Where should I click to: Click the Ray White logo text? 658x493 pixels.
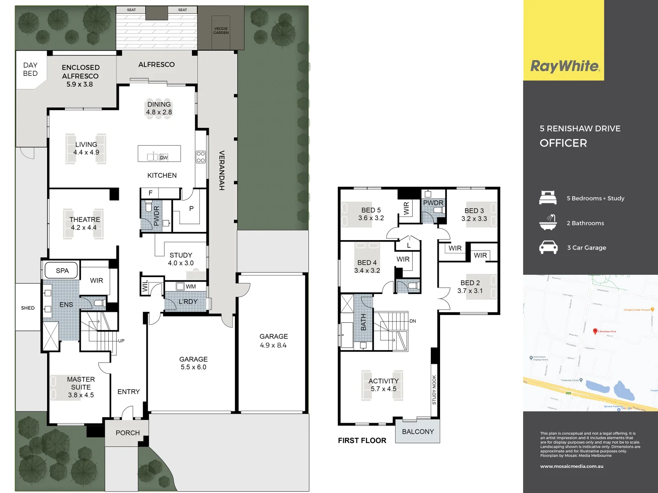565,66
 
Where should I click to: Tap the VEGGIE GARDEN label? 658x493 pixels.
221,31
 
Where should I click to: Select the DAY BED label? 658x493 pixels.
30,69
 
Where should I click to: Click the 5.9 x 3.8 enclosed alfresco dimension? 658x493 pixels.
80,84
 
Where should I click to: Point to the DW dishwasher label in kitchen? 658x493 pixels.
164,157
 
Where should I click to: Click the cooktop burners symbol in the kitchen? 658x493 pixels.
201,157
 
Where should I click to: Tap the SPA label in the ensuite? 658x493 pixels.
62,271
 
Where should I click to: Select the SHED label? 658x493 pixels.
28,308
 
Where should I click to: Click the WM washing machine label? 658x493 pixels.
191,287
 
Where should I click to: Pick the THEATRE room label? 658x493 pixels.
85,220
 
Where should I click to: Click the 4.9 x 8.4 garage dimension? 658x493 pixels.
273,346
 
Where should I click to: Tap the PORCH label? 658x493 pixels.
127,433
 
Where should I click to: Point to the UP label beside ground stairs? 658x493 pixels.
121,341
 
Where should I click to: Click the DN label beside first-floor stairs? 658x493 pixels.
413,321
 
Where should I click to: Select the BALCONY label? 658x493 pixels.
418,432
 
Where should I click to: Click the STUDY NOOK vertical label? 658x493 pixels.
434,390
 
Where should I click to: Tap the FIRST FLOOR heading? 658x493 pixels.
362,441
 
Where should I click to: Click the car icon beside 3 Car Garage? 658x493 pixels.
548,247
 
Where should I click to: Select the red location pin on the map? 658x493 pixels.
595,331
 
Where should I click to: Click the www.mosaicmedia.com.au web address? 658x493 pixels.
572,467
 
